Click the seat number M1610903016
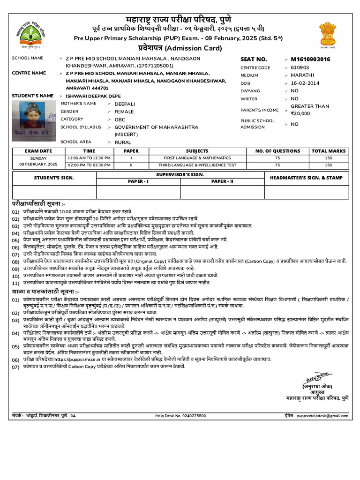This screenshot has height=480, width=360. [310, 60]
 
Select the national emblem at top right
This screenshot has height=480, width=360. [328, 34]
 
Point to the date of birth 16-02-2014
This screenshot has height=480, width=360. [305, 83]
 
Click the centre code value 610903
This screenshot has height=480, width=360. [300, 67]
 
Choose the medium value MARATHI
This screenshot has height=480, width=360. [303, 75]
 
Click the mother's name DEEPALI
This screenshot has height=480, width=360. [124, 104]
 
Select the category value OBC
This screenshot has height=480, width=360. [120, 120]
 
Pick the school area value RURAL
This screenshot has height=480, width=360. [123, 142]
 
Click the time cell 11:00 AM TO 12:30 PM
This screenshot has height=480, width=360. [89, 158]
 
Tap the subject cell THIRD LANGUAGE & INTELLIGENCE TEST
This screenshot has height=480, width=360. [197, 165]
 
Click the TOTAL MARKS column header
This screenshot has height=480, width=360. [329, 151]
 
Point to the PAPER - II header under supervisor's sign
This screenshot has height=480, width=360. [222, 181]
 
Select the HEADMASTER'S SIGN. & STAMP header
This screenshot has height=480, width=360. [306, 178]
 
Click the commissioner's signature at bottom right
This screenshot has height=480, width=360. [316, 377]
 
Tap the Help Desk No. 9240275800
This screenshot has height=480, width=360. [180, 416]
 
